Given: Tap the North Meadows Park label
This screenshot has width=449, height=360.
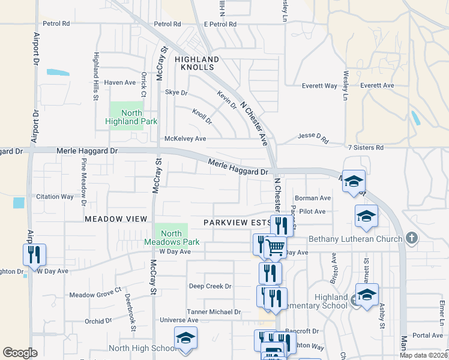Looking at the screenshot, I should (172, 238).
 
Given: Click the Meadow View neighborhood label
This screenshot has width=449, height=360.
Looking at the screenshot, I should (116, 220).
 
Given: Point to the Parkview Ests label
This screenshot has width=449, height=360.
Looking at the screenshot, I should (236, 222).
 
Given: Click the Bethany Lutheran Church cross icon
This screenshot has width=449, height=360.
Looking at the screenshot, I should (411, 238).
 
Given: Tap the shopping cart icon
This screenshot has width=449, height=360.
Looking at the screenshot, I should (276, 247).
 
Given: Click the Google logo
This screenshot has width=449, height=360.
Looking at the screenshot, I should (20, 353).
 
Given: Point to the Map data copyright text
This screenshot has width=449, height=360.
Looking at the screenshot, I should (423, 355).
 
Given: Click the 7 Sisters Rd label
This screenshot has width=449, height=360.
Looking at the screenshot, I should (365, 147).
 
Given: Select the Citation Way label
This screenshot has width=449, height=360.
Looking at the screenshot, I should (55, 196).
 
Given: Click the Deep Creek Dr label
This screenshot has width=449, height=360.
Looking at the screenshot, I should (210, 286).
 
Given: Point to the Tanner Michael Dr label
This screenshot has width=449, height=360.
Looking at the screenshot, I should (214, 312).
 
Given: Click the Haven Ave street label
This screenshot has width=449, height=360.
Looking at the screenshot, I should (120, 82).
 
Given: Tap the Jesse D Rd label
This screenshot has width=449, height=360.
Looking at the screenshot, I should (314, 139).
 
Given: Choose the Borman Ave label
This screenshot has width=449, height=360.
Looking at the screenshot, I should (313, 198).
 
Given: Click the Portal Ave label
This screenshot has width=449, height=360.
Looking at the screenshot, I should (427, 335).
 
